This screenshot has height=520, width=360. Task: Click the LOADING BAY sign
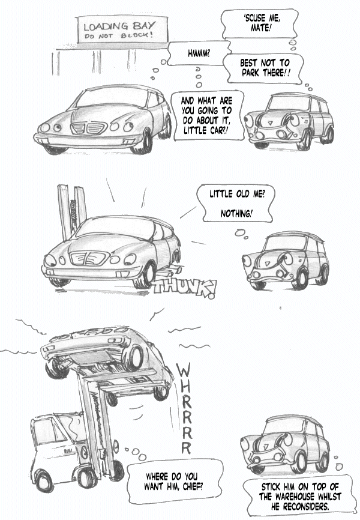pyautogui.click(x=122, y=29)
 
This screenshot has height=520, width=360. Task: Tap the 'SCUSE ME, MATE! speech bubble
pyautogui.click(x=260, y=23)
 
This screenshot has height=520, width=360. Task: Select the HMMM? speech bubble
pyautogui.click(x=199, y=53)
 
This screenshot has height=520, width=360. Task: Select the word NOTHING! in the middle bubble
pyautogui.click(x=236, y=214)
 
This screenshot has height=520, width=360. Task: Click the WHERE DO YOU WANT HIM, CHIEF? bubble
pyautogui.click(x=175, y=482)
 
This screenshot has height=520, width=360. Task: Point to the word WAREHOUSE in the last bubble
pyautogui.click(x=287, y=497)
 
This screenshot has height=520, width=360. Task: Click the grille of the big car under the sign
pyautogui.click(x=89, y=128)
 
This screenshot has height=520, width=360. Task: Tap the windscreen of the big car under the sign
pyautogui.click(x=112, y=98)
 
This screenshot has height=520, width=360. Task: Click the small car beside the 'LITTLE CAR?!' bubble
pyautogui.click(x=289, y=121)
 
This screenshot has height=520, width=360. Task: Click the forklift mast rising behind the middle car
pyautogui.click(x=71, y=211)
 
